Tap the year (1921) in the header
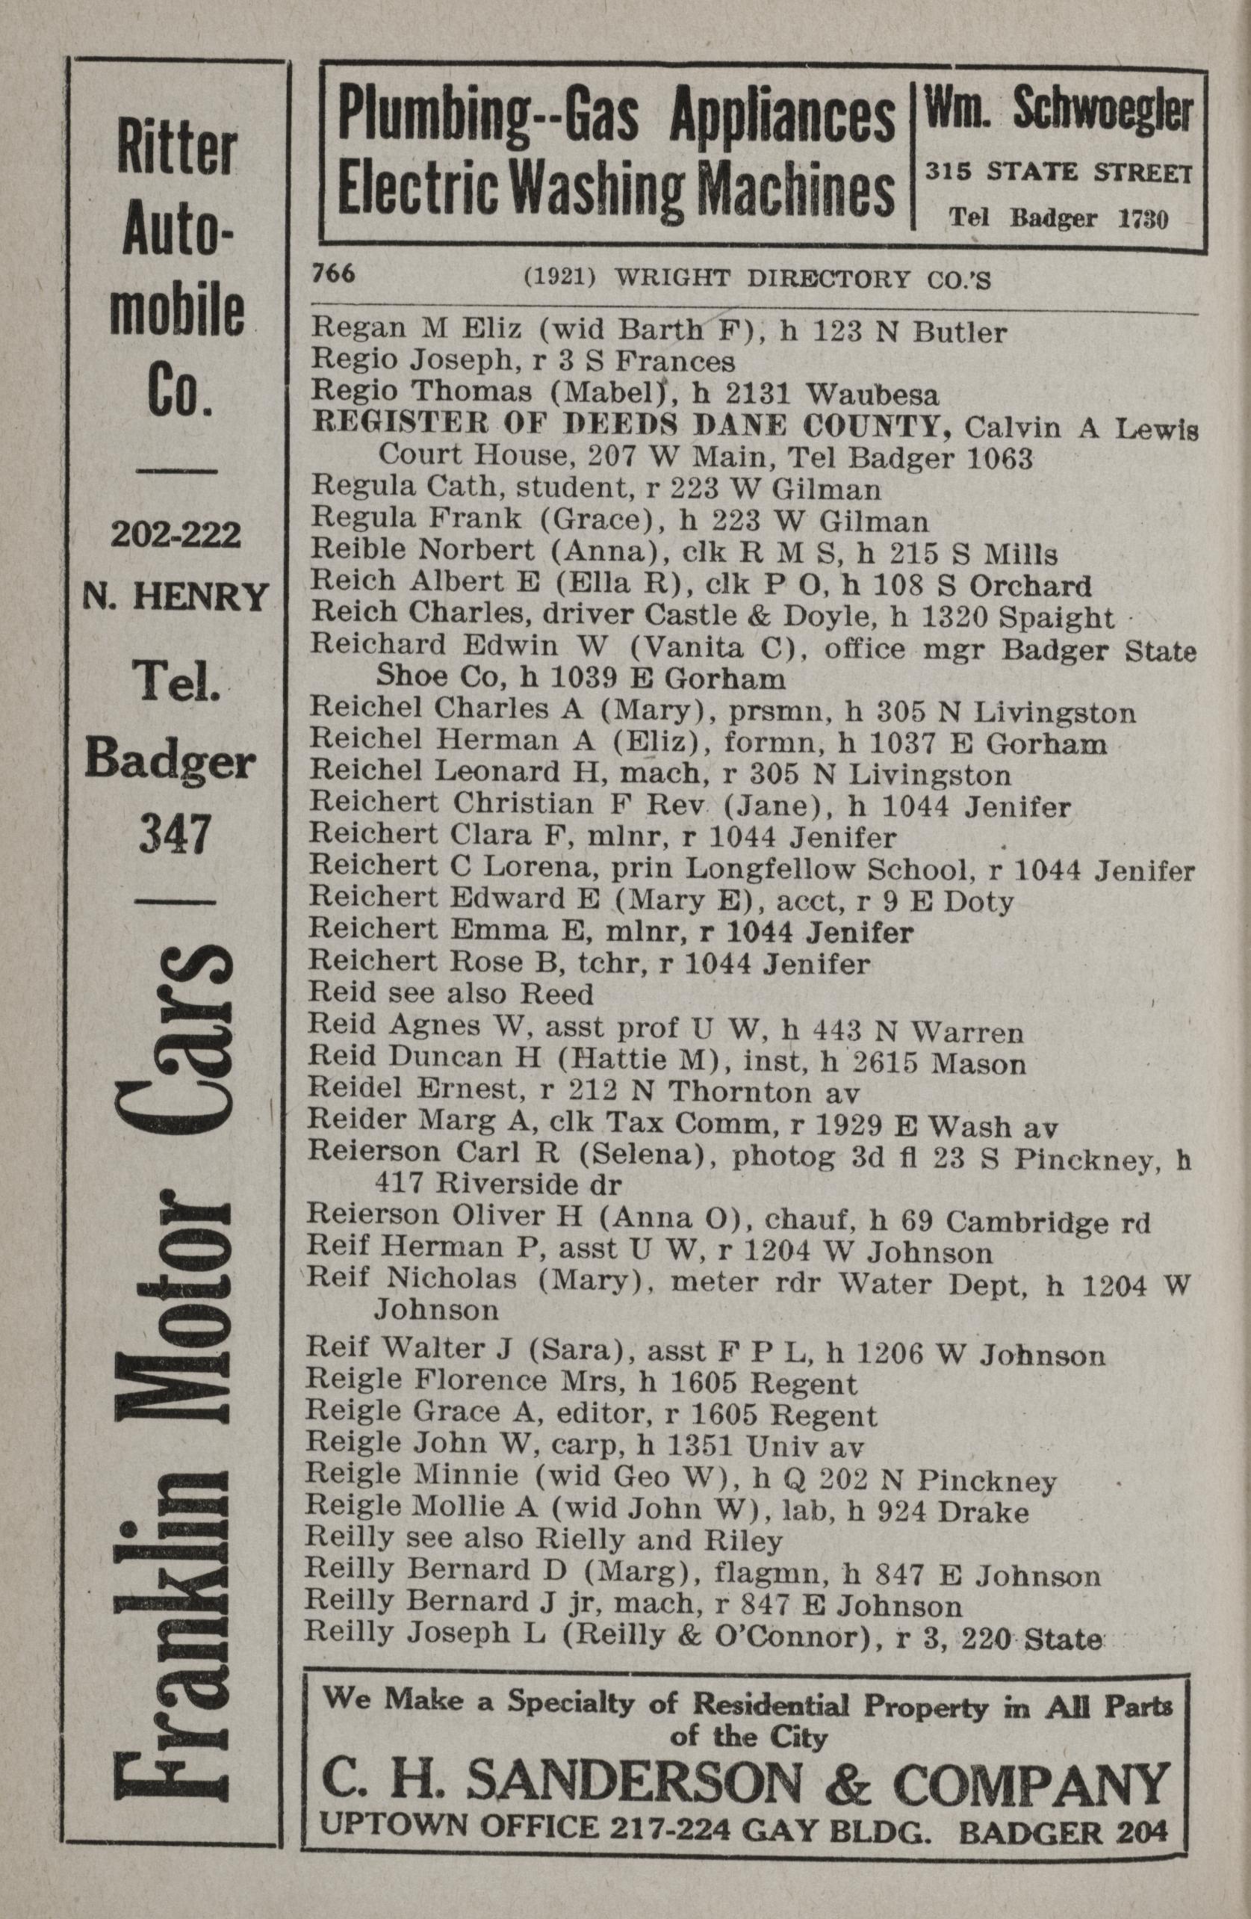point(559,278)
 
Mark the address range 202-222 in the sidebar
point(176,534)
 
